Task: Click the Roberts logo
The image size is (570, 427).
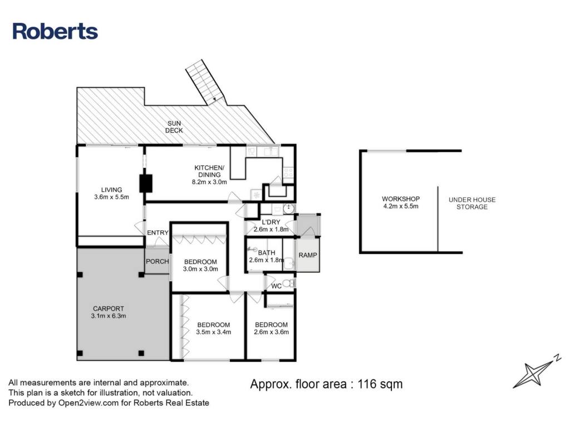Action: tap(55, 31)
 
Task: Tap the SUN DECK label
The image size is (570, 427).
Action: tap(174, 127)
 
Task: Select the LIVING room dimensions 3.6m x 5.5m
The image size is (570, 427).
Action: tap(111, 197)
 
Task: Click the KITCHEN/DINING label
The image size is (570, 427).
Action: tap(209, 171)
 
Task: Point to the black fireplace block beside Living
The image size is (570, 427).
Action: tap(146, 183)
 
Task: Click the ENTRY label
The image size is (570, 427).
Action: tap(158, 232)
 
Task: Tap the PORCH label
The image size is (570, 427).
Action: tap(158, 261)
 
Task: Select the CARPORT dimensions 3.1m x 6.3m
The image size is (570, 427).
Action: tap(109, 316)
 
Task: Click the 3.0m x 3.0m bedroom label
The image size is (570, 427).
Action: tap(200, 265)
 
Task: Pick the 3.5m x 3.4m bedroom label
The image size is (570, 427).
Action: tap(213, 328)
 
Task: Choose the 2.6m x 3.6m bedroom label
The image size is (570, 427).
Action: tap(271, 328)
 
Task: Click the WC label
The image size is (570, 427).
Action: tap(276, 286)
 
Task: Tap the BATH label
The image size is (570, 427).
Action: tap(267, 253)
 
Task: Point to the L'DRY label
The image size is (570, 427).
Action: tap(271, 222)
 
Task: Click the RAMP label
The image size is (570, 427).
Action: tap(307, 255)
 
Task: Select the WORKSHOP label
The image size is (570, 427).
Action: tap(401, 199)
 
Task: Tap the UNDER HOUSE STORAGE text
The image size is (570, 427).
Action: tap(472, 203)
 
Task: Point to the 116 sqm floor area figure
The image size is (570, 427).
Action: tap(380, 384)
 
